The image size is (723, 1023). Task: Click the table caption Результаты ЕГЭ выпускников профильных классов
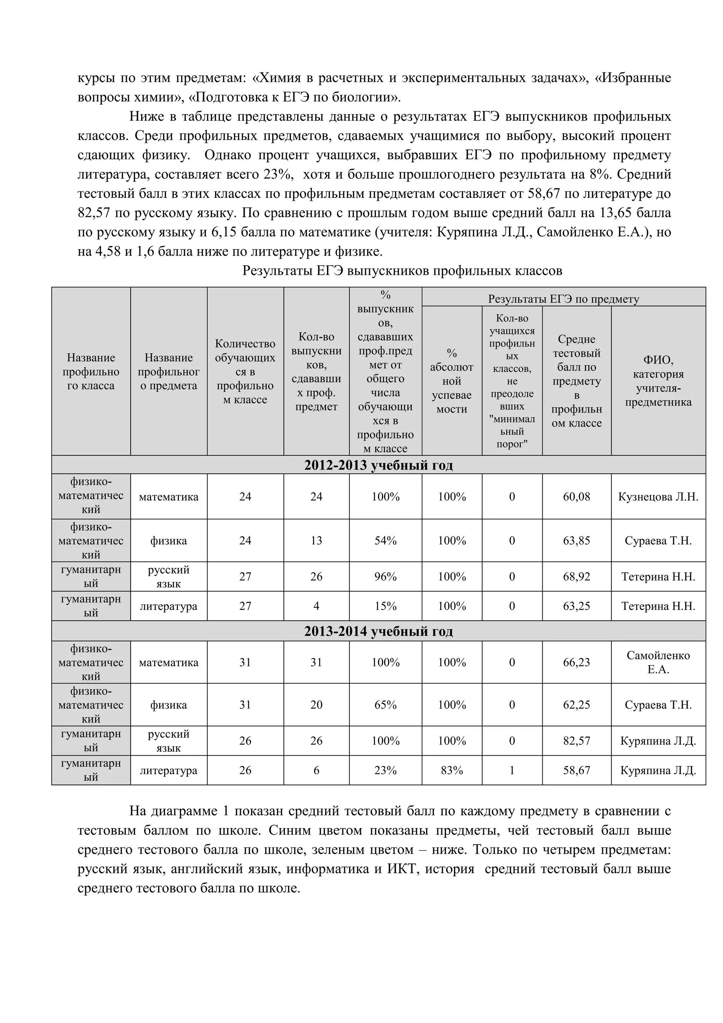(x=402, y=271)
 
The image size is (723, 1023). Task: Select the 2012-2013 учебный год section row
(x=378, y=465)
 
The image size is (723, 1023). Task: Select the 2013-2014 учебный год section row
(x=378, y=631)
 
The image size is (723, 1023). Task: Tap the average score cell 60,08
(x=576, y=497)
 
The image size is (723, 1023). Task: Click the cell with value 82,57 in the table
(x=576, y=741)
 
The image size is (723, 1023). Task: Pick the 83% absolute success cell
(x=452, y=770)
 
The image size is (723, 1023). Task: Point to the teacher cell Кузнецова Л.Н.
(x=658, y=497)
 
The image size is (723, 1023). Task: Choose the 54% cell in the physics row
(x=385, y=540)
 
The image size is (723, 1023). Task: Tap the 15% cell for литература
(x=385, y=606)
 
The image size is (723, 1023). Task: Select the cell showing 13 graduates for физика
(x=316, y=540)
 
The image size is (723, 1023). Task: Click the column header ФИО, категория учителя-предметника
(x=658, y=381)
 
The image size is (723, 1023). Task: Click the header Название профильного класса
(x=91, y=372)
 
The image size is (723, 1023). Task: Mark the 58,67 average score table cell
(x=576, y=770)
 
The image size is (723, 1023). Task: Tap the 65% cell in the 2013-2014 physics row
(x=385, y=705)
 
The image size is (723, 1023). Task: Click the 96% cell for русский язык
(x=385, y=576)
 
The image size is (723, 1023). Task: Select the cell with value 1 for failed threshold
(x=512, y=770)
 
